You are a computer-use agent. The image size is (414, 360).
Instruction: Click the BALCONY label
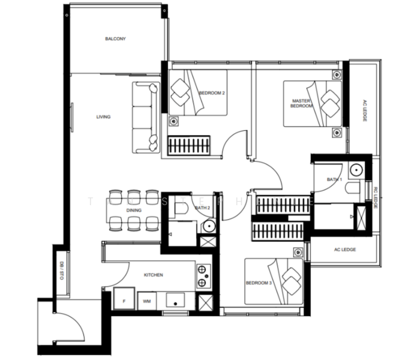[115, 39]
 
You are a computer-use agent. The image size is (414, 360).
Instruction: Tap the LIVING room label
[103, 117]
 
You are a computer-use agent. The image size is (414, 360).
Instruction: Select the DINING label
[133, 211]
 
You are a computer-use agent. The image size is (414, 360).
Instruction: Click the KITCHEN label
[154, 275]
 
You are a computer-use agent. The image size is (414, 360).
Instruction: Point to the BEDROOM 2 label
[211, 93]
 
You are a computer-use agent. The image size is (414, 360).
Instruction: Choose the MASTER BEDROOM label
[302, 103]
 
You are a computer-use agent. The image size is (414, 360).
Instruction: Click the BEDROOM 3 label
[259, 283]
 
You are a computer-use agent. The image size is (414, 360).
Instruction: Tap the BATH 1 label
[334, 179]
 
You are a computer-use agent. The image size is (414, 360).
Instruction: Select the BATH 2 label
[203, 208]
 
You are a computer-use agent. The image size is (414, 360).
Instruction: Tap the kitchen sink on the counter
[176, 300]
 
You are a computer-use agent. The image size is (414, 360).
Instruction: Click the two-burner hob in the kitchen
[203, 276]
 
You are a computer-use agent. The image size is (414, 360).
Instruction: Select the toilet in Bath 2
[180, 208]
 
